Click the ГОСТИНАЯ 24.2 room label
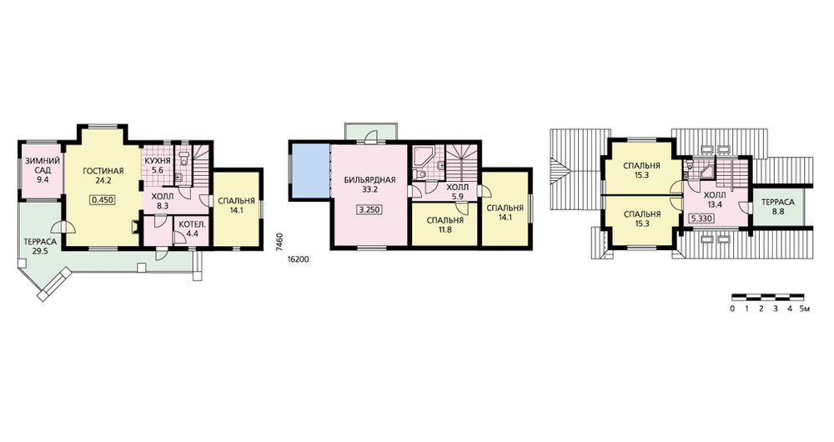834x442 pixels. [103, 175]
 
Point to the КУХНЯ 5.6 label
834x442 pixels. [158, 165]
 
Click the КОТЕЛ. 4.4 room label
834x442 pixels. [192, 229]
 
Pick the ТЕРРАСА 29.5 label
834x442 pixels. [40, 246]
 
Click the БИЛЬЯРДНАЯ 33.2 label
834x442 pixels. [369, 184]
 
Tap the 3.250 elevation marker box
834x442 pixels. [369, 209]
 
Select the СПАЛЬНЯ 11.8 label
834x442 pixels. [445, 225]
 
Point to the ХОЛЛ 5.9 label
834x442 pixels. [457, 192]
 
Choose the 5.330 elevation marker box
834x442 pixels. [701, 218]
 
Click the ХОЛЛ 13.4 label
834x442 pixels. [715, 199]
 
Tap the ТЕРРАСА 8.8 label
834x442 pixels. [777, 206]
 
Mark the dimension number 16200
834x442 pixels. [298, 260]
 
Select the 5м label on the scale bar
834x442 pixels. [804, 309]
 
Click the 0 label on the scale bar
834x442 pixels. [732, 309]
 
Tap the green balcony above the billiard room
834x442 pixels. [371, 132]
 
